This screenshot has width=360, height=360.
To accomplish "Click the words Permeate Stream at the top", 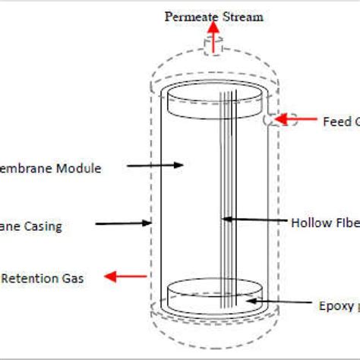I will (213, 16).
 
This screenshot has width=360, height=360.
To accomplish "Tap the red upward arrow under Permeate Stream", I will (213, 37).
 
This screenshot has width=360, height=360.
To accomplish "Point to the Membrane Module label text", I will (50, 168).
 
